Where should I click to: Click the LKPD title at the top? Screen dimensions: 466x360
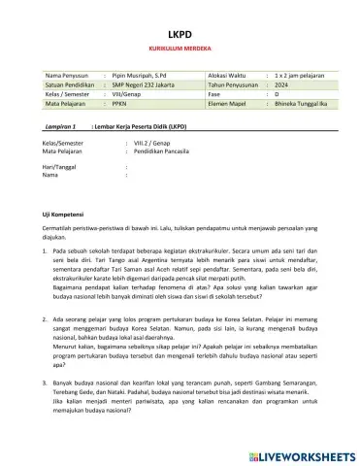pyautogui.click(x=180, y=31)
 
